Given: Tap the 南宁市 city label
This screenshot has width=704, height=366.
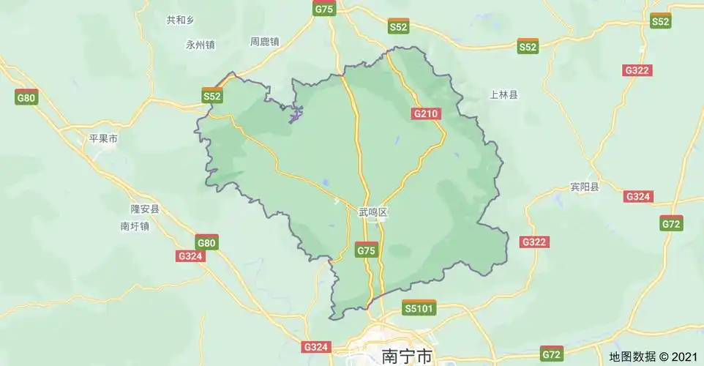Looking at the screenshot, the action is pyautogui.click(x=408, y=356).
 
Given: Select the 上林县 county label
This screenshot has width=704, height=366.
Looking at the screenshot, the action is pyautogui.click(x=503, y=94).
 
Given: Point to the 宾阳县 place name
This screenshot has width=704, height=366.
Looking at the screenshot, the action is pyautogui.click(x=584, y=187).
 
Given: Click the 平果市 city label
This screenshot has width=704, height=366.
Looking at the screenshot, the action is pyautogui.click(x=103, y=138).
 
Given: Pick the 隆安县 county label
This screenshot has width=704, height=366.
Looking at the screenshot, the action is pyautogui.click(x=144, y=209).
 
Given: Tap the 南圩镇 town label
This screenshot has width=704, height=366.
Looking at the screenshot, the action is pyautogui.click(x=135, y=226).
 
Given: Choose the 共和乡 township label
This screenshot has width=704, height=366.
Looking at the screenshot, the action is pyautogui.click(x=180, y=20).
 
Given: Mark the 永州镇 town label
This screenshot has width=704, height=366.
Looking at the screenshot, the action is pyautogui.click(x=201, y=45).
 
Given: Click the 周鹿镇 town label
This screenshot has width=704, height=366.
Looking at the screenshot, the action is pyautogui.click(x=265, y=42).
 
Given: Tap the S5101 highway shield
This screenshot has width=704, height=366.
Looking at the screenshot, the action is pyautogui.click(x=420, y=308).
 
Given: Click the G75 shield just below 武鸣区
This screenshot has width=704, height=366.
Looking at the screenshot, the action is pyautogui.click(x=366, y=250).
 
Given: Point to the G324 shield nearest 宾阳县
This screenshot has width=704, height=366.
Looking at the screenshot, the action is pyautogui.click(x=638, y=196).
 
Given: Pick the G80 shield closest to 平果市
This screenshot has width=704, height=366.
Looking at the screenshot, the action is pyautogui.click(x=26, y=97).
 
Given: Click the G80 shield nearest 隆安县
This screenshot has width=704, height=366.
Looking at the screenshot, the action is pyautogui.click(x=206, y=242).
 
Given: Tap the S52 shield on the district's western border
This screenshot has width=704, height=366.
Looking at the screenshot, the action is pyautogui.click(x=211, y=95).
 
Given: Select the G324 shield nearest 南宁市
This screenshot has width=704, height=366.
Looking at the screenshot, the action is pyautogui.click(x=316, y=346).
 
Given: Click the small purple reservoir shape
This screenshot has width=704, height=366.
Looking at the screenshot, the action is pyautogui.click(x=295, y=114).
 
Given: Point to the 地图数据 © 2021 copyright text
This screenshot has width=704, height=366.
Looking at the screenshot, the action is pyautogui.click(x=654, y=356).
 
